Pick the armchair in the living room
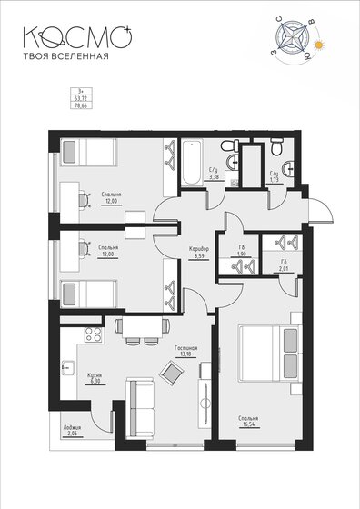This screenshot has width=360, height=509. coord(170,372)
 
